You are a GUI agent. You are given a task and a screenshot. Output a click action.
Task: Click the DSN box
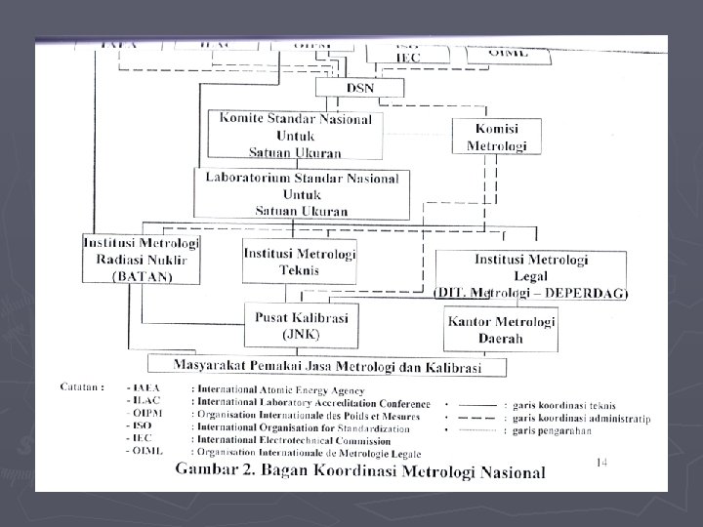tap(359, 88)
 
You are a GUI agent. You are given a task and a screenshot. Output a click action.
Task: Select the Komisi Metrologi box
tap(496, 137)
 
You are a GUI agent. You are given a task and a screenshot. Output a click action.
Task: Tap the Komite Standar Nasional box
tap(295, 135)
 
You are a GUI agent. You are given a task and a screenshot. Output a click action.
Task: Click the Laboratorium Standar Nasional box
tap(302, 192)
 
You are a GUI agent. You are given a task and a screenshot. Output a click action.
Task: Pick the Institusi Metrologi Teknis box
tap(299, 263)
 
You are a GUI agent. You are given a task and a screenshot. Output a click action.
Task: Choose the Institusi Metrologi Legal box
tap(531, 274)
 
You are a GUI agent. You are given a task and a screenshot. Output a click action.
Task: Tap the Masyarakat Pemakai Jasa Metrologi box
tap(327, 366)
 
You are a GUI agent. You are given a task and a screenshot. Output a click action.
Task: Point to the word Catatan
tap(80, 386)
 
